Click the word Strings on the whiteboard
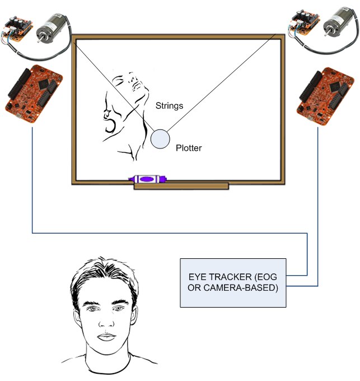coord(169,106)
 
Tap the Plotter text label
coord(189,148)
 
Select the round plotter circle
coord(160,139)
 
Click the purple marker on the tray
coord(147,179)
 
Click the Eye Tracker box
coord(233,283)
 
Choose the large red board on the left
coord(34,94)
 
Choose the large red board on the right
coord(325,96)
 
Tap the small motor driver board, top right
coord(304,23)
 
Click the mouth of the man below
coord(106,337)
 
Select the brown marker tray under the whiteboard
coord(181,186)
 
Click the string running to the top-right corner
coord(221,83)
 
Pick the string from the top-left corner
coord(114,86)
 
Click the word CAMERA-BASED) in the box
coord(241,287)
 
